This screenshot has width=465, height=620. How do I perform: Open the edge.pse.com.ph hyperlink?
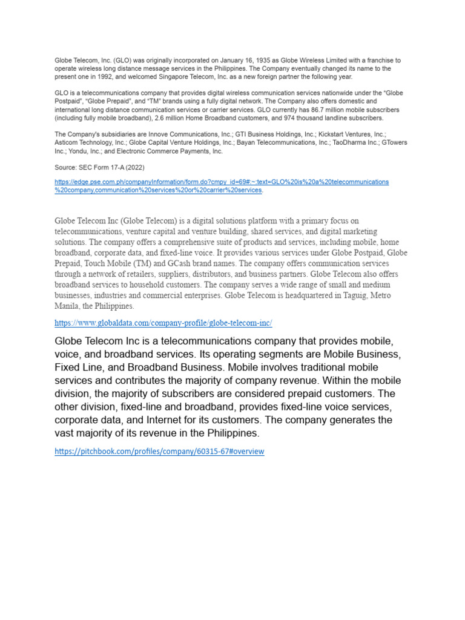tap(222, 182)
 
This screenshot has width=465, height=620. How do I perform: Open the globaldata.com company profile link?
tap(163, 323)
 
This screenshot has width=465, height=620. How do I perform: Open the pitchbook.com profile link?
tap(159, 452)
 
